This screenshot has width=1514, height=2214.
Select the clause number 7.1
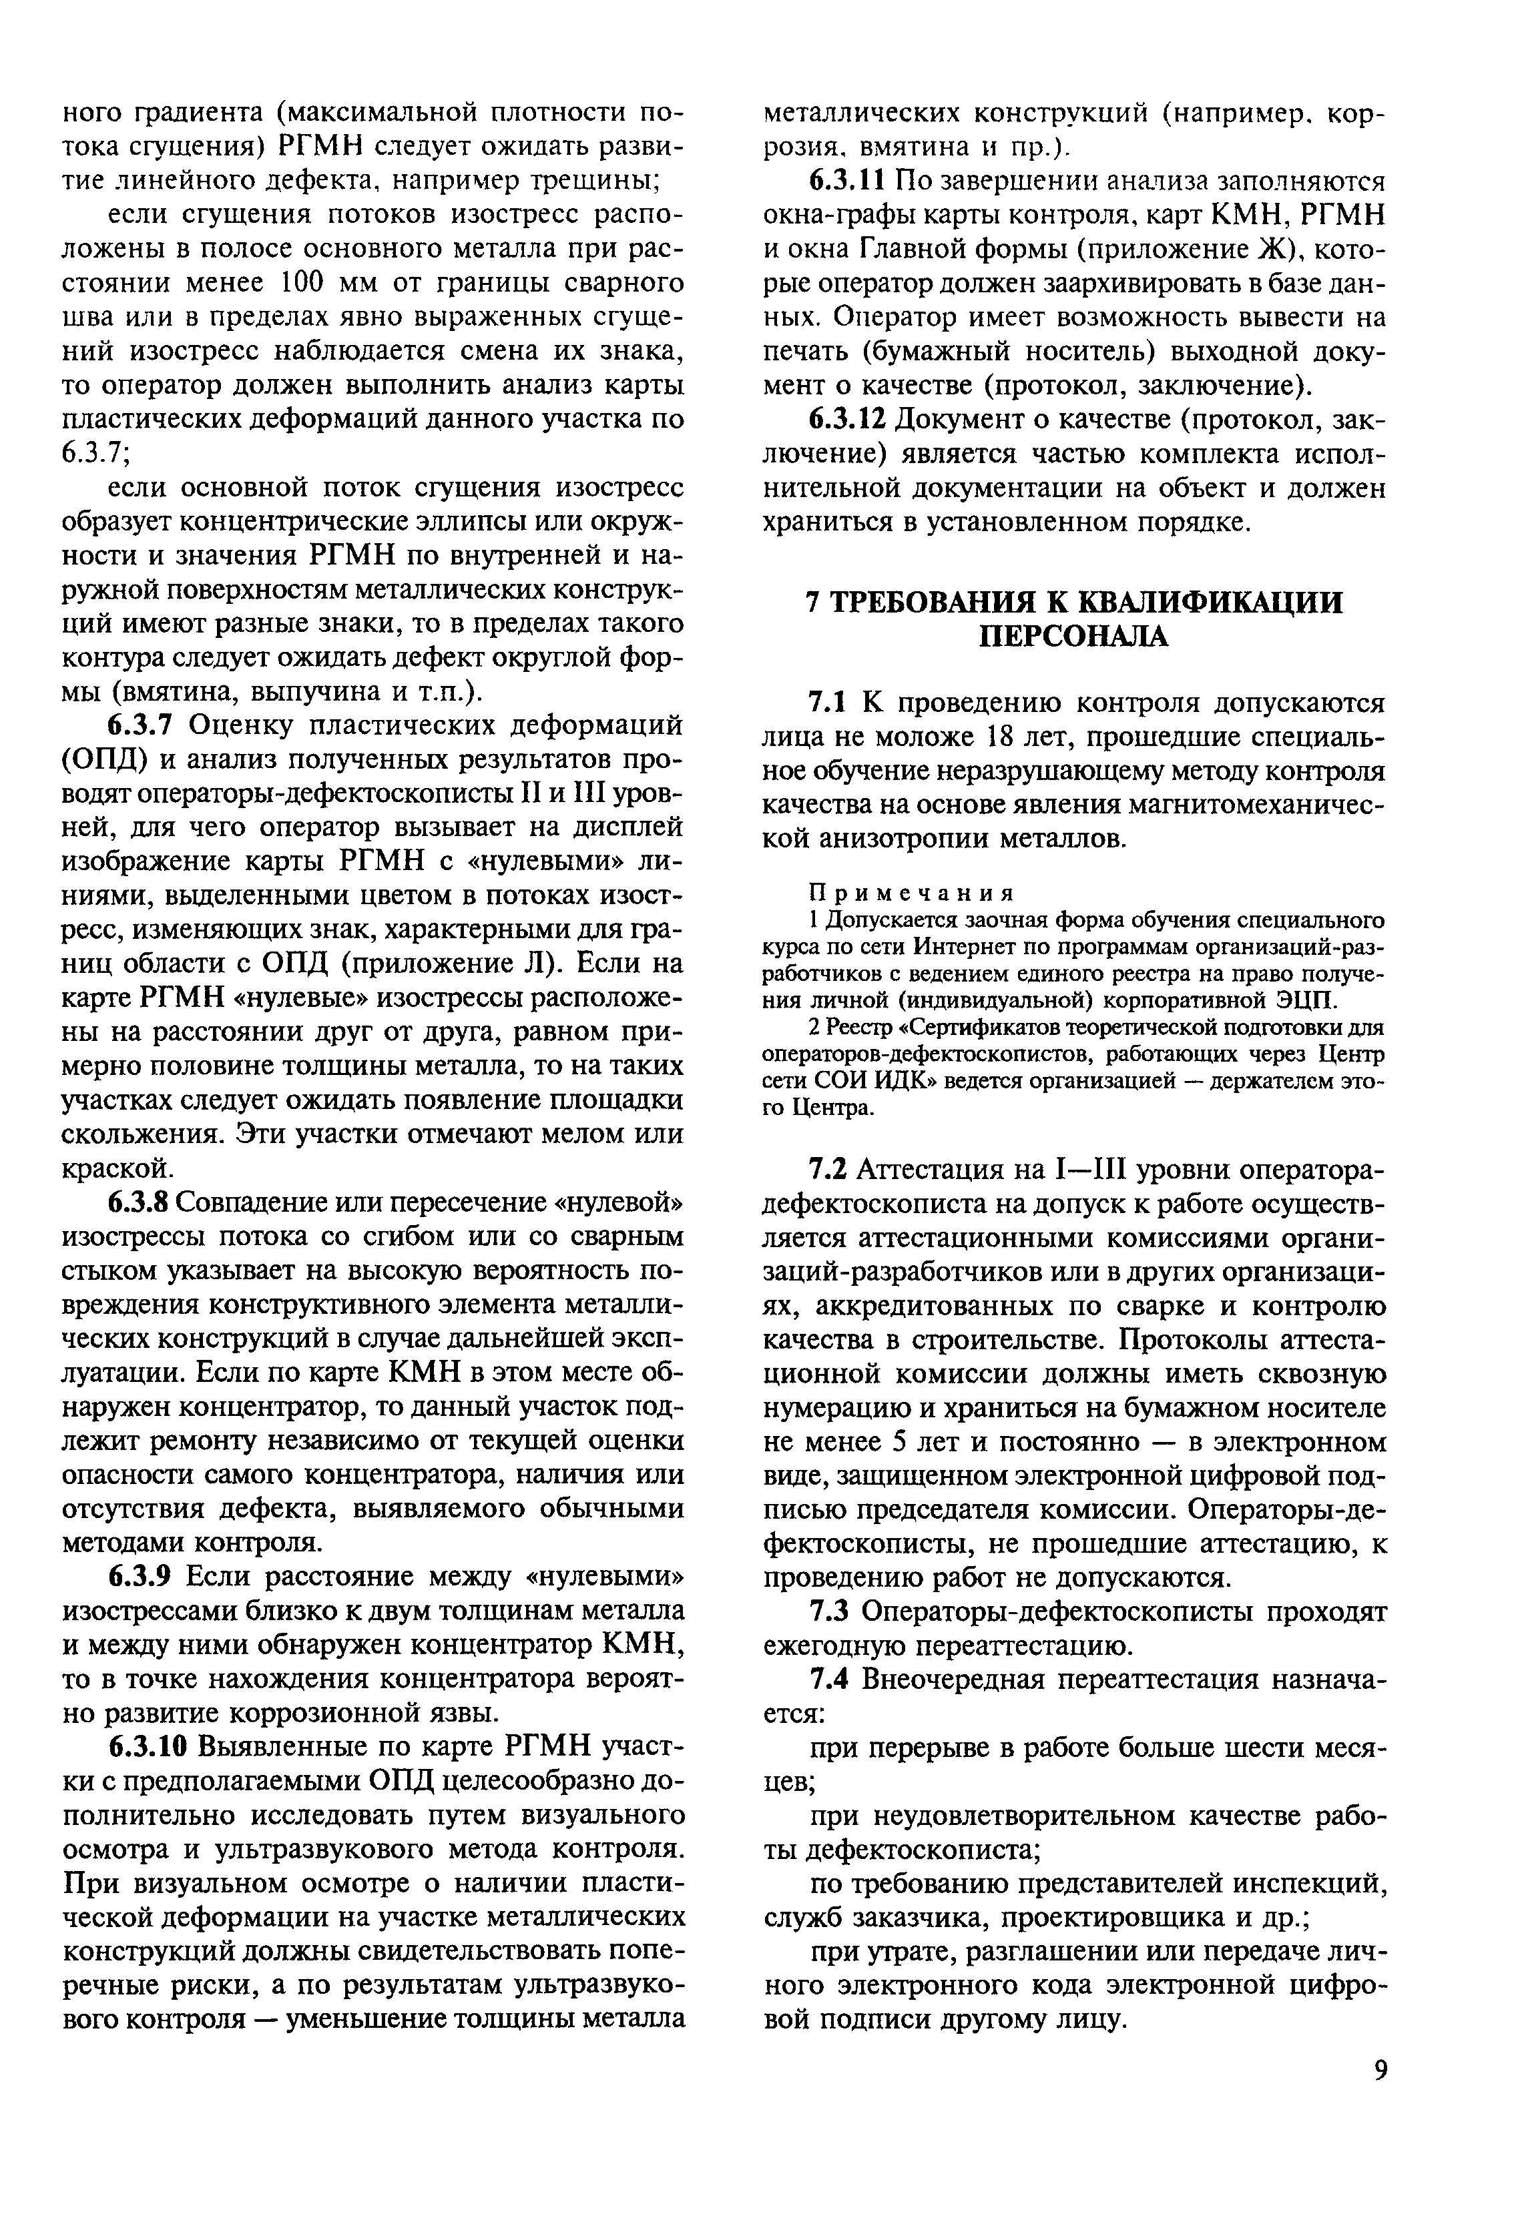pos(827,703)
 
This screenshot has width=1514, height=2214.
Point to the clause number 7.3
pos(827,1611)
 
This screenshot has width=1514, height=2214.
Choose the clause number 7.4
pos(827,1679)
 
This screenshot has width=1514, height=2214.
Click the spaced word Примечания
pos(910,893)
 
